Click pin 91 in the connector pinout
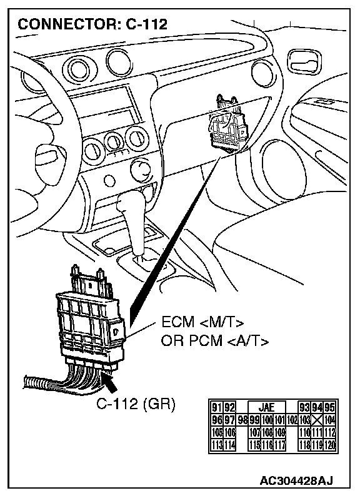[x=217, y=407]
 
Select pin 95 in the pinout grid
[x=331, y=407]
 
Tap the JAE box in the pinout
[x=267, y=407]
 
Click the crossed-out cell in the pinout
[x=316, y=420]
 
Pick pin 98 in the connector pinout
[x=242, y=420]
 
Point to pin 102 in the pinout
[x=292, y=420]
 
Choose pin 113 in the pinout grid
[x=217, y=445]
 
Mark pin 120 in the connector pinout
[x=330, y=445]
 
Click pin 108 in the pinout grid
[x=267, y=432]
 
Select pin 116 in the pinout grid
[x=267, y=445]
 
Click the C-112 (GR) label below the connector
[x=136, y=404]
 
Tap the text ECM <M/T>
[x=202, y=322]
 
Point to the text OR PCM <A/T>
[x=215, y=341]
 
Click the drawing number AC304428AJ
[x=296, y=480]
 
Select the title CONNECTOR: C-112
[x=92, y=24]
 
